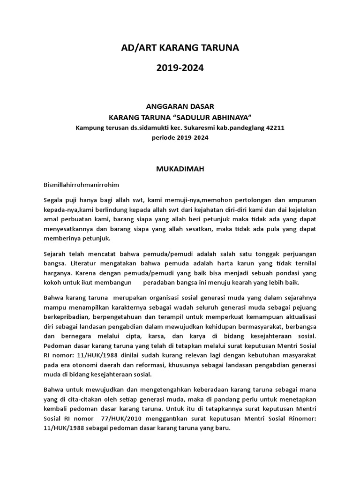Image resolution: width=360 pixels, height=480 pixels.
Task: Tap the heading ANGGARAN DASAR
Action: pyautogui.click(x=180, y=107)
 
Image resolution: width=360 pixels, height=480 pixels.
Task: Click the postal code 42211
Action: pyautogui.click(x=275, y=127)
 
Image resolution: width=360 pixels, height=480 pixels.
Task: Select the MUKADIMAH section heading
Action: pyautogui.click(x=180, y=169)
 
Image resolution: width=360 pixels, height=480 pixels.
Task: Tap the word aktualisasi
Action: pyautogui.click(x=297, y=327)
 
